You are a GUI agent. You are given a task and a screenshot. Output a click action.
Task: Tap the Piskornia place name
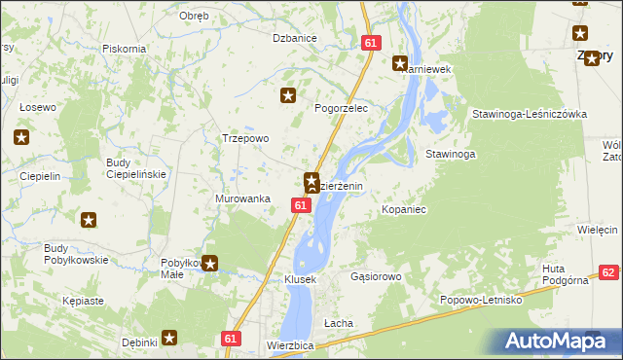tap(124, 48)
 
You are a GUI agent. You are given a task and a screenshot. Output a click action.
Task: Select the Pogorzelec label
tap(340, 108)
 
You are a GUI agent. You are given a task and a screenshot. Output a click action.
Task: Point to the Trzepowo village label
tap(245, 138)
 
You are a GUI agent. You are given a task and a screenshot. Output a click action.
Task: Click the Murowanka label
tap(241, 198)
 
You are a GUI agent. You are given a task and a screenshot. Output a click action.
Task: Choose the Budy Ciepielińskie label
tap(136, 167)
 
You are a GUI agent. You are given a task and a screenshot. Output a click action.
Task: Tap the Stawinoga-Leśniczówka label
tap(529, 114)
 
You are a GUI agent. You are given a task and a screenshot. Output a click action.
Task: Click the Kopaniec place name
tap(405, 209)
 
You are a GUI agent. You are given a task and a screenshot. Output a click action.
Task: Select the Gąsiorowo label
tap(376, 276)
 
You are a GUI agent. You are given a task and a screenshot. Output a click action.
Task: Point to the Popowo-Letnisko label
tap(481, 300)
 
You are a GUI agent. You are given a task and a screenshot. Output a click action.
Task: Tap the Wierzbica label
tap(289, 345)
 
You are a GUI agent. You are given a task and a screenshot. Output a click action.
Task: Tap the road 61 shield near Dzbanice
tap(370, 43)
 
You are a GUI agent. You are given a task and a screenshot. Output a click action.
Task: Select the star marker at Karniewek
tap(399, 64)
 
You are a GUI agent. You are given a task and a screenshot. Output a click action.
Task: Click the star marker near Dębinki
tap(169, 338)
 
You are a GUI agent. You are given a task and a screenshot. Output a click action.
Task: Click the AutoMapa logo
tap(556, 341)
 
